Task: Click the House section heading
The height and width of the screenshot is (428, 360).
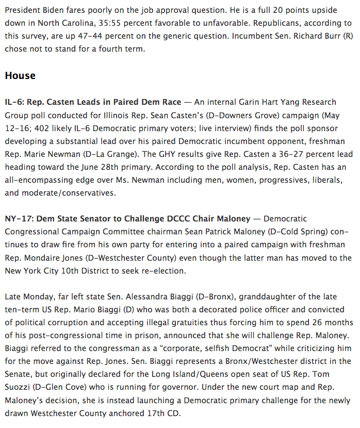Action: click(x=20, y=75)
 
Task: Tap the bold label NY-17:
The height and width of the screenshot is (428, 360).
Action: click(x=19, y=219)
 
